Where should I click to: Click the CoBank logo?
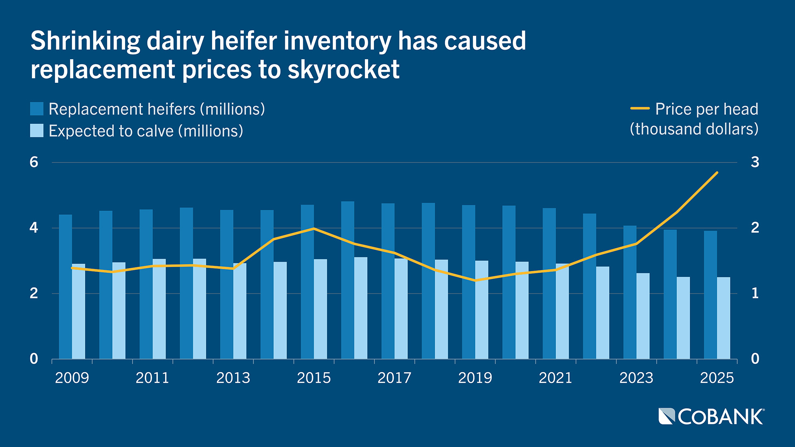coord(711,416)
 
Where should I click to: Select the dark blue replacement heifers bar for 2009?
coord(65,286)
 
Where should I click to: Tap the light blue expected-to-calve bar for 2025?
coord(723,318)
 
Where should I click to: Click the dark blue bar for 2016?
coord(348,280)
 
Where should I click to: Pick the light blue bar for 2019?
coord(482,310)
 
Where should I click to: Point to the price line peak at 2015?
coord(314,228)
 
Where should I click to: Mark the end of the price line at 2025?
coord(717,173)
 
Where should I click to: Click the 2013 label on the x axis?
coord(233,378)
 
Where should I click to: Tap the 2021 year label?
coord(555,378)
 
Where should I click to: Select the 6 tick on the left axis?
coord(34,162)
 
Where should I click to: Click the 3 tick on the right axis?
coord(755,162)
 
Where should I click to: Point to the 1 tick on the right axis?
coord(755,293)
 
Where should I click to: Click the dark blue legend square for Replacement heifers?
coord(37,109)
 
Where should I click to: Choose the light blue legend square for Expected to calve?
coord(37,131)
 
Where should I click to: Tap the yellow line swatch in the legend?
coord(640,109)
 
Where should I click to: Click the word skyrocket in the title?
coord(343,70)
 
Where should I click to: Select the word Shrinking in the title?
coord(85,41)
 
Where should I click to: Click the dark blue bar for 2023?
coord(630,292)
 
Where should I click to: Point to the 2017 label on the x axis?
coord(394,378)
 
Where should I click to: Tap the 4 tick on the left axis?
coord(34,228)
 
